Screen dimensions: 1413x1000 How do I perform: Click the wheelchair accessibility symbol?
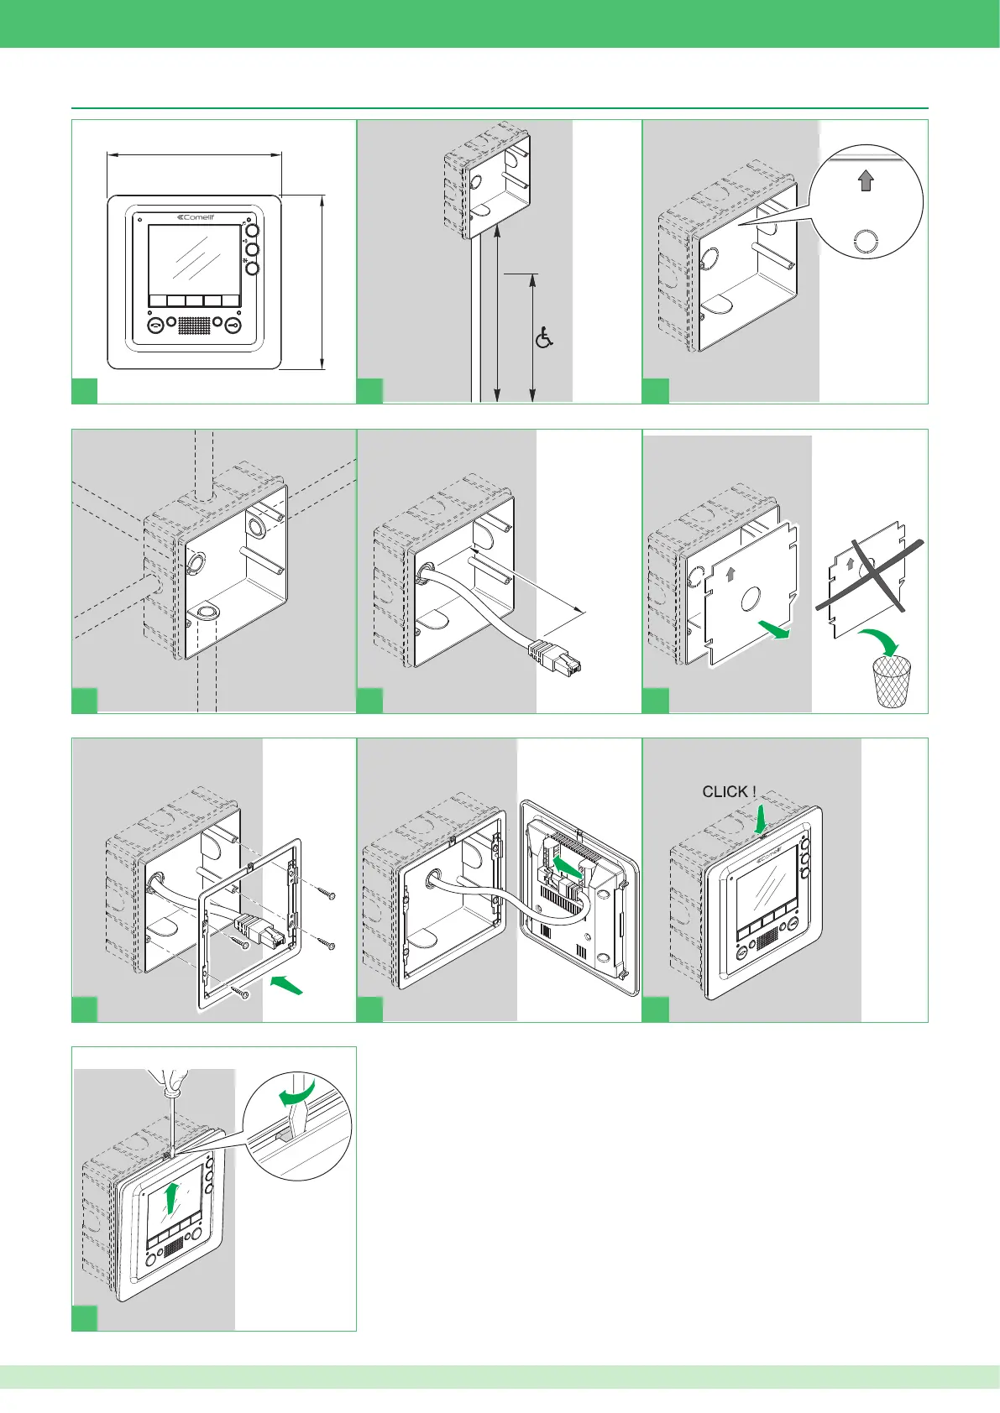544,338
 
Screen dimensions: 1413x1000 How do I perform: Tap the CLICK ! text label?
729,792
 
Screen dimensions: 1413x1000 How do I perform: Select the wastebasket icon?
892,681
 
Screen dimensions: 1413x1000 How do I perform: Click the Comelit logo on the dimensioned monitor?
196,216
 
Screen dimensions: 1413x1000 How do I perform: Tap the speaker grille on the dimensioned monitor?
194,325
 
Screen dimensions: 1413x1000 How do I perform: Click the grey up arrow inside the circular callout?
866,180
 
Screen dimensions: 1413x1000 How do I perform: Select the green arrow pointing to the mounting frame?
287,985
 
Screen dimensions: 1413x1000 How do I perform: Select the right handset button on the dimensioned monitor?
233,325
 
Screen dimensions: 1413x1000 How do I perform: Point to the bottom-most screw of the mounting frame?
244,993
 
